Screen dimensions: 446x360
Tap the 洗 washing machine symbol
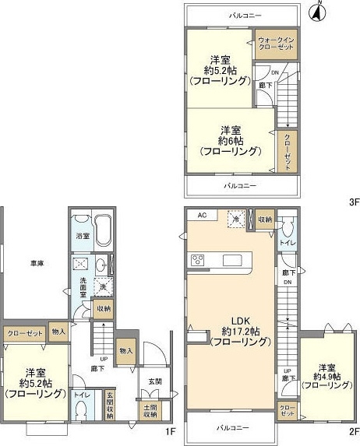pyautogui.click(x=101, y=288)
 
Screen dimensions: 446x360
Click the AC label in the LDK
pyautogui.click(x=201, y=216)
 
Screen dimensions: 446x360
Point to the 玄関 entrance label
pyautogui.click(x=154, y=381)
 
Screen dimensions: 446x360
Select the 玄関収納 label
pyautogui.click(x=110, y=406)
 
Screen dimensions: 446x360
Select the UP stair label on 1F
pyautogui.click(x=104, y=359)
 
